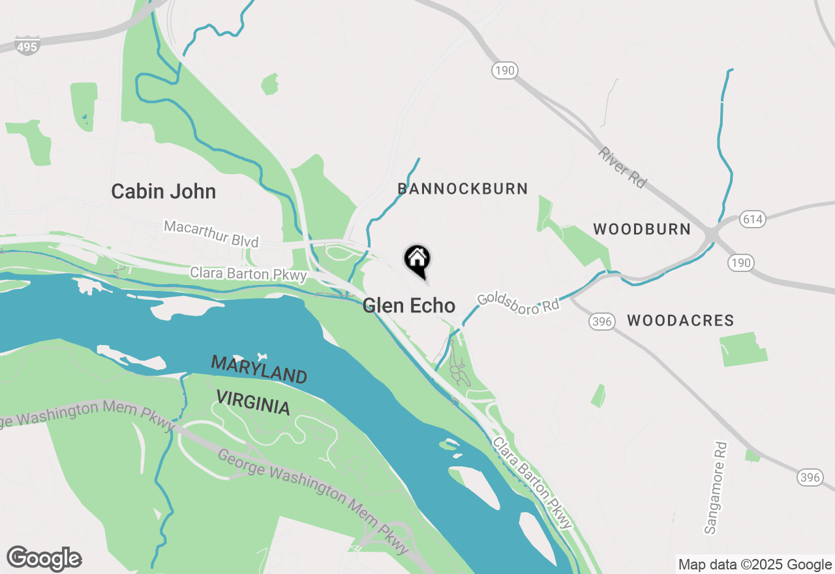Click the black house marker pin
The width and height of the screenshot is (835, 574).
[x=417, y=260]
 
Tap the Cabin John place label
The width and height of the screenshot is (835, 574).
[x=163, y=192]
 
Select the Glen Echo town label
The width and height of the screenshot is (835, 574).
[x=409, y=305]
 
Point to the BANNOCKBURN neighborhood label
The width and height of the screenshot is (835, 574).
[x=463, y=189]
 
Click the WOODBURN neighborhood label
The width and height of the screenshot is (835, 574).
[x=642, y=229]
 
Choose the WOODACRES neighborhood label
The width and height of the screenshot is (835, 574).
[x=680, y=320]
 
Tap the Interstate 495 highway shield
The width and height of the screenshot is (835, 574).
[x=27, y=46]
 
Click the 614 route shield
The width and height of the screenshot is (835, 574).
[x=752, y=219]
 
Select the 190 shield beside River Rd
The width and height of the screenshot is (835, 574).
[x=505, y=70]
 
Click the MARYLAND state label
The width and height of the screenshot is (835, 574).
[x=259, y=370]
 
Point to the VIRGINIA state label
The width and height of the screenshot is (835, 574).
[x=253, y=402]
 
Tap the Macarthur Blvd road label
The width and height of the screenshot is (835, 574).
[x=211, y=234]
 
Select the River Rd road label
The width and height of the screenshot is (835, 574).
[x=622, y=168]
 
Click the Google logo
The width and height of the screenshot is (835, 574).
[x=44, y=559]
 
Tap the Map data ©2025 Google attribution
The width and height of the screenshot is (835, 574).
[x=755, y=565]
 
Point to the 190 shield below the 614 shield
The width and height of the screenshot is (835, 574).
[x=741, y=263]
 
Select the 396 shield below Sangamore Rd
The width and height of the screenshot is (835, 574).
[x=809, y=477]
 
